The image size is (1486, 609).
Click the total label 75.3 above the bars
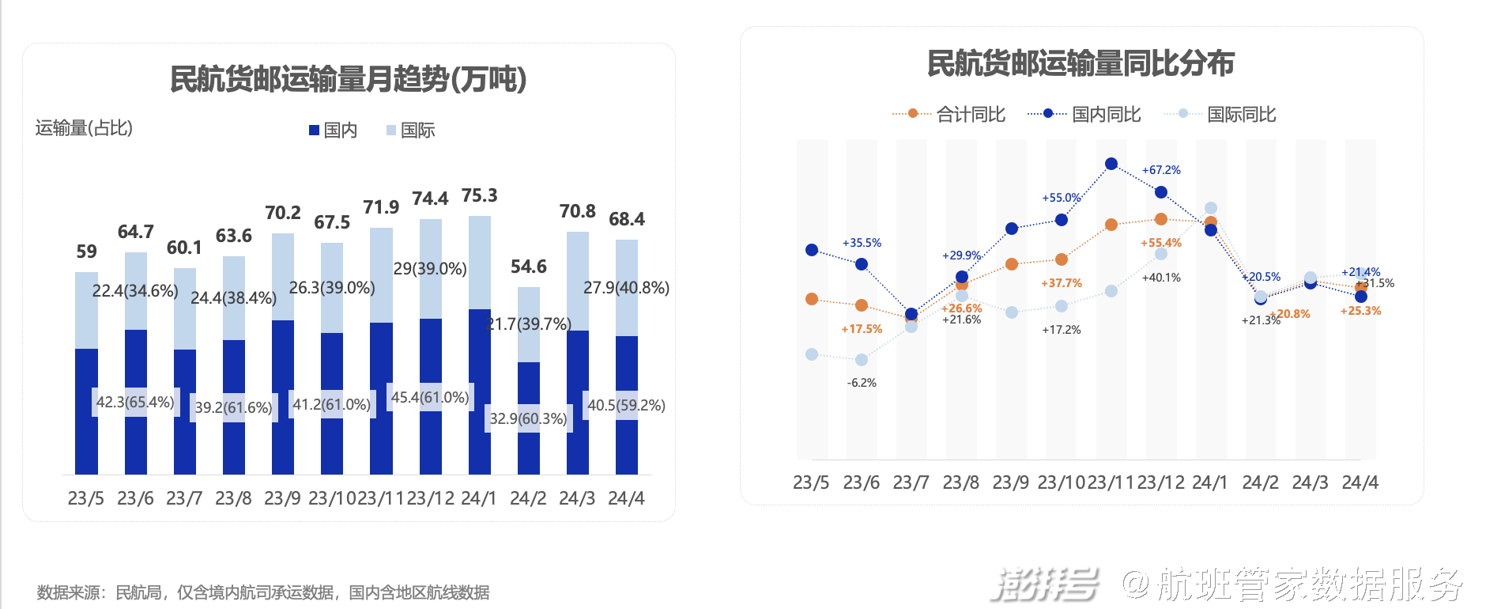479,195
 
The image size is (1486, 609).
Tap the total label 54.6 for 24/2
528,267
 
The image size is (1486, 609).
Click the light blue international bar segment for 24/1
479,262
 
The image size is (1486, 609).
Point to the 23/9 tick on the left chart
282,498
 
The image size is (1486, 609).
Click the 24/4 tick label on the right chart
1360,482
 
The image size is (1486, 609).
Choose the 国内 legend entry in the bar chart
333,130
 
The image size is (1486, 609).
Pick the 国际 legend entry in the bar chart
410,130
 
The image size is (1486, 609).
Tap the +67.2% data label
1161,170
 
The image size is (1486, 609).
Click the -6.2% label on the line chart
862,383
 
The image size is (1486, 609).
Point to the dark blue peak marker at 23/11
1111,164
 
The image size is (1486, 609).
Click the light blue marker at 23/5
812,354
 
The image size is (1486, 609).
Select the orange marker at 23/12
1161,219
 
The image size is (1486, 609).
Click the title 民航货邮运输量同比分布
1081,64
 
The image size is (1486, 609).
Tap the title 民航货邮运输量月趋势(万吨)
349,79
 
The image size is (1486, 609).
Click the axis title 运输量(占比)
84,128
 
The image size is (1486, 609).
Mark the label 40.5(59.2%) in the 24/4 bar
626,405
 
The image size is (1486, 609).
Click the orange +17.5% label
862,329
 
